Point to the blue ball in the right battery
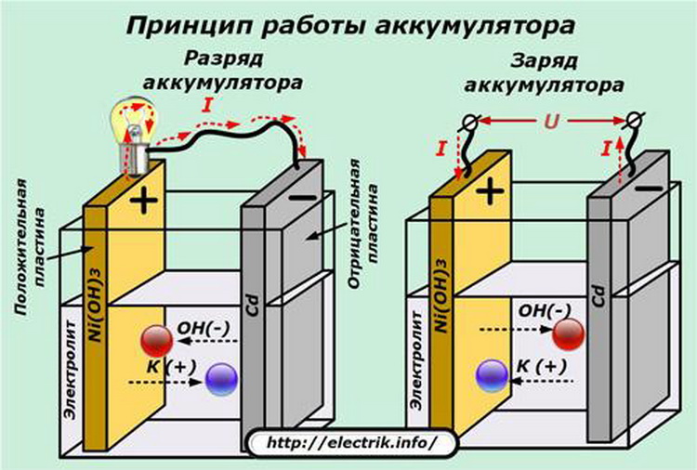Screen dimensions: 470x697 [490, 374]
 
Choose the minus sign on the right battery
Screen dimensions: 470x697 [651, 188]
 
